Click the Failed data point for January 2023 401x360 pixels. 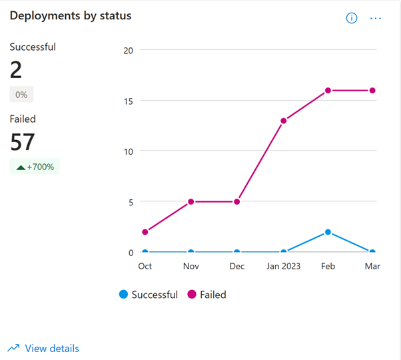[283, 121]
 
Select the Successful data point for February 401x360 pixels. [328, 232]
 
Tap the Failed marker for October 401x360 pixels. [145, 232]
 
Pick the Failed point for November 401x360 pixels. [191, 201]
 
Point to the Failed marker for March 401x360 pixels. [372, 90]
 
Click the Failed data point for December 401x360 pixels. [237, 201]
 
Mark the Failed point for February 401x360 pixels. [328, 90]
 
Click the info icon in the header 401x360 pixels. [352, 18]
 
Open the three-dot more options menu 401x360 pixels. [376, 18]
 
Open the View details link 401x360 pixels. [43, 348]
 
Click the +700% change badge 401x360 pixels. [35, 167]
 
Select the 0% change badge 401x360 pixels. [21, 95]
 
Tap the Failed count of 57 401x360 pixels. [23, 142]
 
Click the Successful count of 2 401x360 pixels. [16, 69]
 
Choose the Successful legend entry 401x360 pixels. [149, 295]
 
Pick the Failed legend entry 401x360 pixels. [206, 295]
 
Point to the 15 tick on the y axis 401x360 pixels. [129, 101]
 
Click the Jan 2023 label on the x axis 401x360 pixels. [283, 267]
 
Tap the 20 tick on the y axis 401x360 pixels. [129, 51]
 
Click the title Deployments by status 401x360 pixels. [71, 15]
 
